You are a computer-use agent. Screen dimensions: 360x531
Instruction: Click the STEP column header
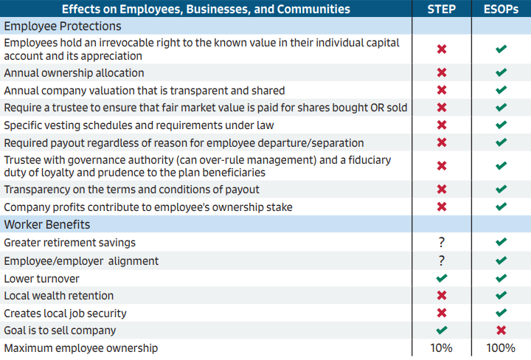click(442, 9)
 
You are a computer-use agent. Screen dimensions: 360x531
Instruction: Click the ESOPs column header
click(501, 9)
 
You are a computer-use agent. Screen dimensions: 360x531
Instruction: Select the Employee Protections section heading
click(63, 26)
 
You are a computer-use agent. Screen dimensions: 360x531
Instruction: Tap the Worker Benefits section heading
click(47, 224)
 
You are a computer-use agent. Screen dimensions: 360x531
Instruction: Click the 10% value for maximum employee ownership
click(442, 348)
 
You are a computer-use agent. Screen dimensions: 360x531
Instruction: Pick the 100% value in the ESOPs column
click(501, 348)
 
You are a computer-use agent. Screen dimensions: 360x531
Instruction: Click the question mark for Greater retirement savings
click(442, 243)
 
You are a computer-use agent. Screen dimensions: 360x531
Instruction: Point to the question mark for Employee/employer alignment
click(442, 260)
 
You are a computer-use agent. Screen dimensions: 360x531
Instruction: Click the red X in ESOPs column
click(502, 330)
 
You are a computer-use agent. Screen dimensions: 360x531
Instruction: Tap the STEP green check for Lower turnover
click(442, 278)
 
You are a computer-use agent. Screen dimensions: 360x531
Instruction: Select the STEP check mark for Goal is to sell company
click(442, 330)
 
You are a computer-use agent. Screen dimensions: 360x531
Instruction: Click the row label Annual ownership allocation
click(74, 73)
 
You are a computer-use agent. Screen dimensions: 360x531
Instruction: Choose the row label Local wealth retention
click(59, 296)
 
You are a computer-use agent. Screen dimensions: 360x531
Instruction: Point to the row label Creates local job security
click(67, 314)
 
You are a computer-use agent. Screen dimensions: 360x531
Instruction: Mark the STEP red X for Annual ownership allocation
click(442, 73)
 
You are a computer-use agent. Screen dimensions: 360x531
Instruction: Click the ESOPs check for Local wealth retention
click(502, 296)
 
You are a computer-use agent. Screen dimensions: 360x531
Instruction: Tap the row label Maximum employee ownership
click(80, 348)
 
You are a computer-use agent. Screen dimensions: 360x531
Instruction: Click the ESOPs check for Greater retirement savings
click(502, 243)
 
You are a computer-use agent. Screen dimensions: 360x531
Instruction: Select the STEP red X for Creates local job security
click(442, 314)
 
